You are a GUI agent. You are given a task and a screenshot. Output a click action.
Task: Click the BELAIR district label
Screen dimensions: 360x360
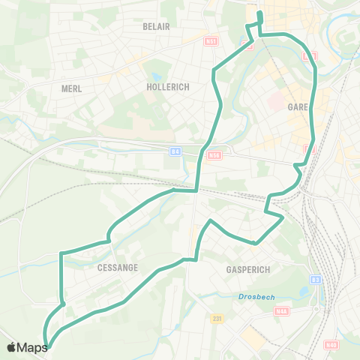[x=157, y=26]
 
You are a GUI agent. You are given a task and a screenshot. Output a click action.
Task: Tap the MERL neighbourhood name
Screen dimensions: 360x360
[x=71, y=88]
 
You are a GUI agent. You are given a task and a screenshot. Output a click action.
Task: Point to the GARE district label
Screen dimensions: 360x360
[x=298, y=107]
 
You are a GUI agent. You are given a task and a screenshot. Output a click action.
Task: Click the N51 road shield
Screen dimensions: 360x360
[x=211, y=42]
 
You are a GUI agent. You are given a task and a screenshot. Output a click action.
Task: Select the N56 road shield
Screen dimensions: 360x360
[x=214, y=155]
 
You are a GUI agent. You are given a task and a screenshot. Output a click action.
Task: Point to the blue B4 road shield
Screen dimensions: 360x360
[x=175, y=151]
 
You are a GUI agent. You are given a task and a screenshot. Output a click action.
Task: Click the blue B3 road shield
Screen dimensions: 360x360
[x=316, y=280]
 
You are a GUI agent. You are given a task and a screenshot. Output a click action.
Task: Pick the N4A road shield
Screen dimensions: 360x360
[x=281, y=311]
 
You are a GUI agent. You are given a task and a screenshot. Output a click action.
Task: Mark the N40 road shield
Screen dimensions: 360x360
[x=331, y=345]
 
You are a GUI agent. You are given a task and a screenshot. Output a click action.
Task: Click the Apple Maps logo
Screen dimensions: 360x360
[x=27, y=347]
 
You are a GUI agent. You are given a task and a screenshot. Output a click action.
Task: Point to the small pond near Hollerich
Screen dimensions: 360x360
[x=155, y=76]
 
